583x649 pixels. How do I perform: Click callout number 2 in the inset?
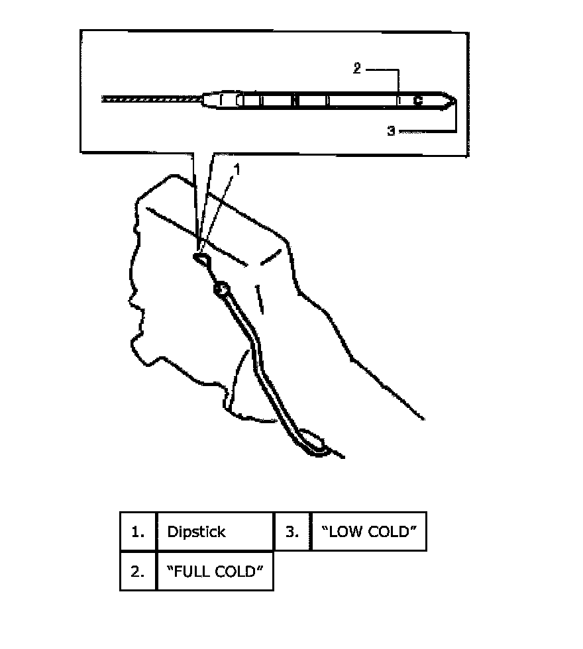356,69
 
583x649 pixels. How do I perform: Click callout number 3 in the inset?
391,132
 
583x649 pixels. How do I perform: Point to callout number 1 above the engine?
238,170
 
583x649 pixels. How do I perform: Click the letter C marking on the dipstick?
417,101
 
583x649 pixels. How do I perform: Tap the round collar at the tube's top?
220,289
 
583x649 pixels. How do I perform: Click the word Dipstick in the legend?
196,532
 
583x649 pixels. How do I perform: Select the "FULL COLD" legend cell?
215,571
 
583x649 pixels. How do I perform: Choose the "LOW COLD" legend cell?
368,532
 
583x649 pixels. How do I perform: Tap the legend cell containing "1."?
138,532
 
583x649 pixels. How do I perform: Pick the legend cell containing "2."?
138,571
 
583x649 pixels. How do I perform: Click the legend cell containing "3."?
292,532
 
